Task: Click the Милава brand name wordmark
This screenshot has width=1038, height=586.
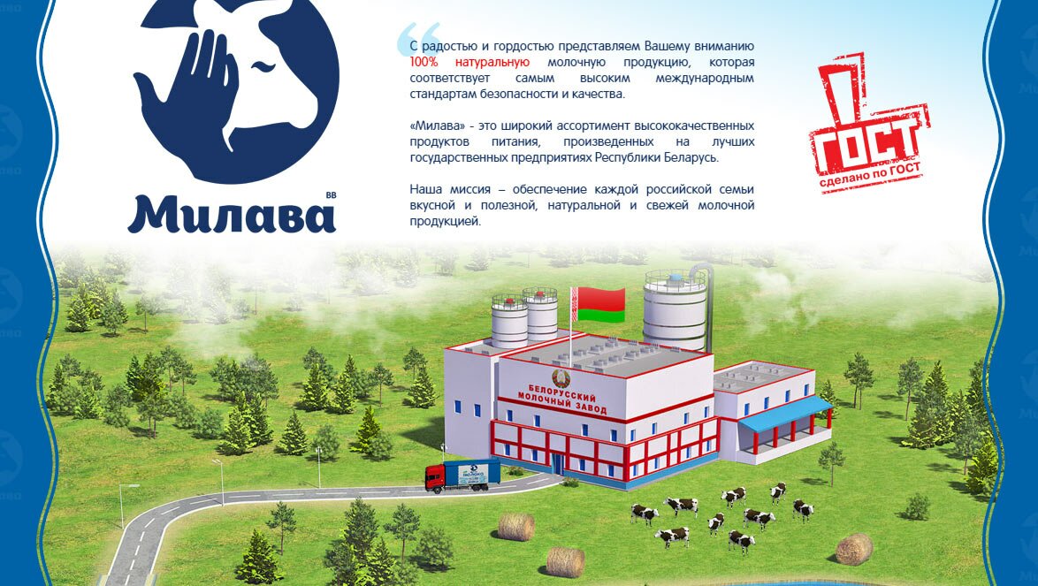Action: click(x=232, y=214)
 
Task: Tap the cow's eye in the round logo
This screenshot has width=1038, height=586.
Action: click(x=262, y=65)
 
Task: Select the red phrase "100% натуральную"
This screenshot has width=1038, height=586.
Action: click(x=469, y=62)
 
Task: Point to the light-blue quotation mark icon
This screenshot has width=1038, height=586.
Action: click(x=418, y=39)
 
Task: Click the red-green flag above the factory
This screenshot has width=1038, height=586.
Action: click(x=599, y=305)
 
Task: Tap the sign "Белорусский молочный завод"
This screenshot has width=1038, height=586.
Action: click(x=562, y=399)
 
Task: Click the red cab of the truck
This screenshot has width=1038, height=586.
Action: click(x=435, y=477)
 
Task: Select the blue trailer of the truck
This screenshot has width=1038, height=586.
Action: click(x=472, y=474)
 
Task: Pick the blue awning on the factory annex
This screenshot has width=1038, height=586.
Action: click(x=784, y=414)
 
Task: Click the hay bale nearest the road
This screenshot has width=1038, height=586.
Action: click(x=516, y=527)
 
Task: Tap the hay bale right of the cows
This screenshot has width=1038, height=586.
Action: click(x=854, y=549)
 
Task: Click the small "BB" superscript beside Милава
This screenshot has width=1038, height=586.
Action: click(x=331, y=195)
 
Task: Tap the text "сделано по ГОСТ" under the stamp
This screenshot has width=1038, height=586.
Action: click(x=870, y=175)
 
